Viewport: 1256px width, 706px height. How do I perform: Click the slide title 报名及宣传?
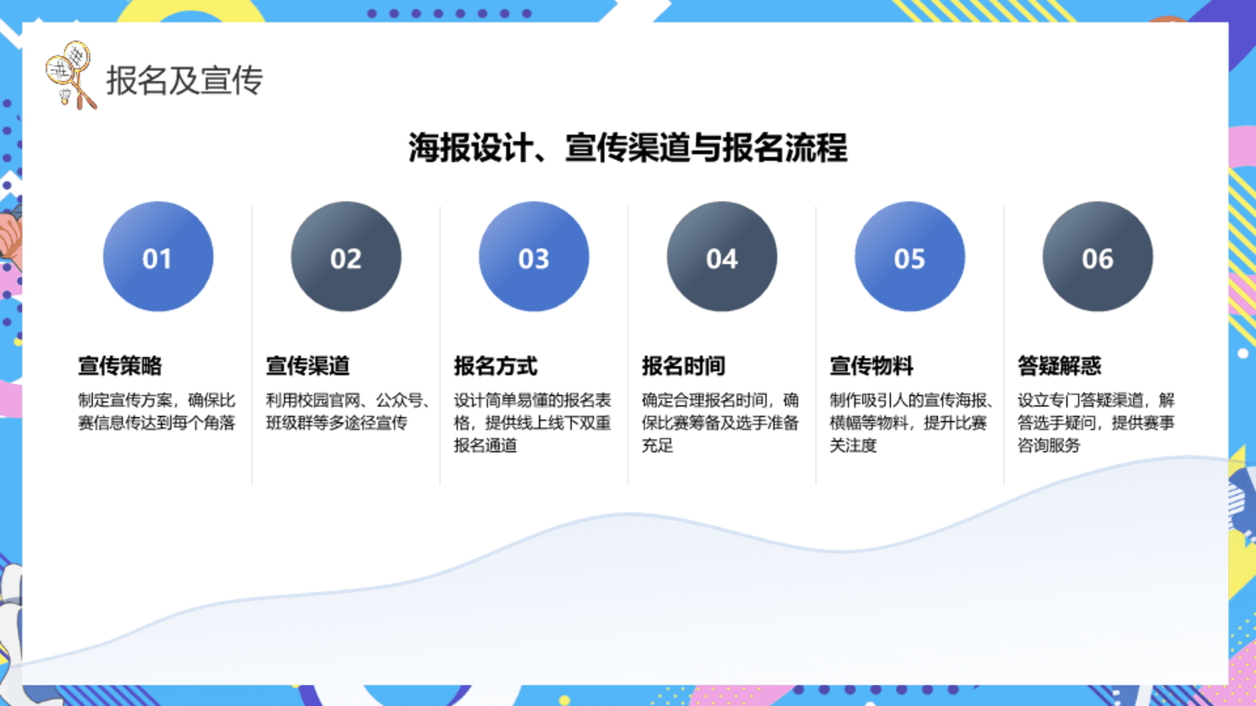[184, 80]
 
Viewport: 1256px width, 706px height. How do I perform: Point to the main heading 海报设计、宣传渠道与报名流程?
[628, 147]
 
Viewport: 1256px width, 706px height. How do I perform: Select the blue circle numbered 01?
[158, 256]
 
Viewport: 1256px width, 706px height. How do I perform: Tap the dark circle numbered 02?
[346, 256]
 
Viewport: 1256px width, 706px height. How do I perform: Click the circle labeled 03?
[534, 256]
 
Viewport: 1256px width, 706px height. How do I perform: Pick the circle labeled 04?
[722, 256]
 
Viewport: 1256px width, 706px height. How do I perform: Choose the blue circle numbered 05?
[910, 256]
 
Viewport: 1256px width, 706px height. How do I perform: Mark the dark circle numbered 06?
[1098, 256]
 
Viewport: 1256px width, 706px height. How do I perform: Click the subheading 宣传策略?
[120, 365]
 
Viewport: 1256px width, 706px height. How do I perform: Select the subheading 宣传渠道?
[307, 365]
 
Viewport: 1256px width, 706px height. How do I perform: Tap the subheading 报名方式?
[496, 365]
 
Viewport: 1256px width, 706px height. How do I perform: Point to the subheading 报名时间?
[684, 365]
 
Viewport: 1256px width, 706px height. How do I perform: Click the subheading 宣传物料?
[871, 365]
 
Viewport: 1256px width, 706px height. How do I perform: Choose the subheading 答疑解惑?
[1060, 365]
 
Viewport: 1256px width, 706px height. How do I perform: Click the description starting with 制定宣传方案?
[156, 411]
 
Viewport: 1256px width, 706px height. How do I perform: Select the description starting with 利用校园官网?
[347, 411]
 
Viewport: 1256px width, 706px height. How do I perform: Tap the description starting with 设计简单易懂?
[532, 422]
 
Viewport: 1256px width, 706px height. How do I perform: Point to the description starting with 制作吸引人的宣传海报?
[911, 422]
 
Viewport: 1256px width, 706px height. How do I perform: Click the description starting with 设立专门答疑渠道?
[1096, 422]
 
